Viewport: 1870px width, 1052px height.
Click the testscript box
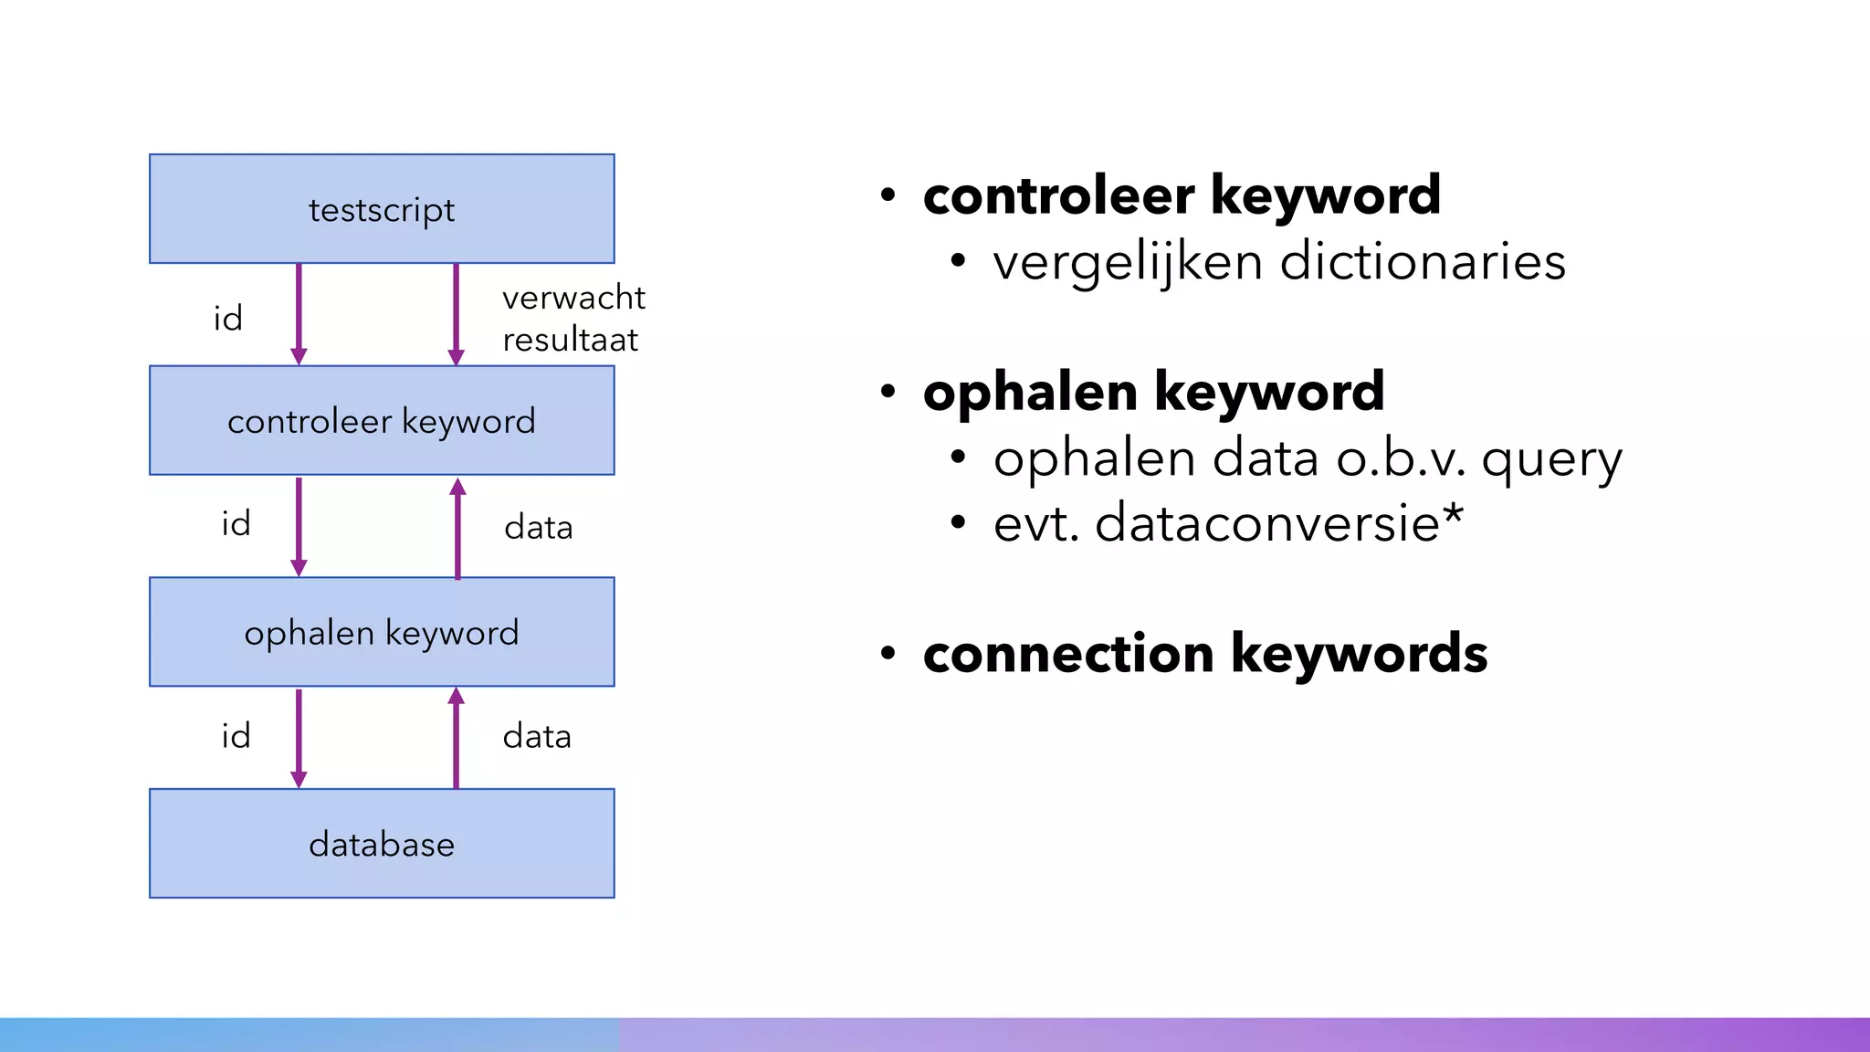[x=382, y=209]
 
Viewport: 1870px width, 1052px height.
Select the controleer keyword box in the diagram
[x=382, y=421]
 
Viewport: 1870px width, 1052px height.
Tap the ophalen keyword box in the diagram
[x=382, y=632]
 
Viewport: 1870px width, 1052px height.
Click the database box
[x=382, y=844]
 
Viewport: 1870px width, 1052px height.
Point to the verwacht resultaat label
[x=573, y=319]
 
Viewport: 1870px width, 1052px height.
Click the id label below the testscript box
[x=228, y=319]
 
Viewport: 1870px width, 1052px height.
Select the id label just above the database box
[x=236, y=736]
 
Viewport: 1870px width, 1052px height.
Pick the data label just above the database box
[x=537, y=736]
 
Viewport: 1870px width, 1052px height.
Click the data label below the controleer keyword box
[x=538, y=527]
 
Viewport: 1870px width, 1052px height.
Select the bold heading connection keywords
[x=1205, y=654]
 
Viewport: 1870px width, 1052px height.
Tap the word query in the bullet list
[x=1551, y=459]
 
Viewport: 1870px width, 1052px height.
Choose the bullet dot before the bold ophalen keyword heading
[x=888, y=393]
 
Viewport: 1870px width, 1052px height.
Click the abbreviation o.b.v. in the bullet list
[x=1402, y=458]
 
